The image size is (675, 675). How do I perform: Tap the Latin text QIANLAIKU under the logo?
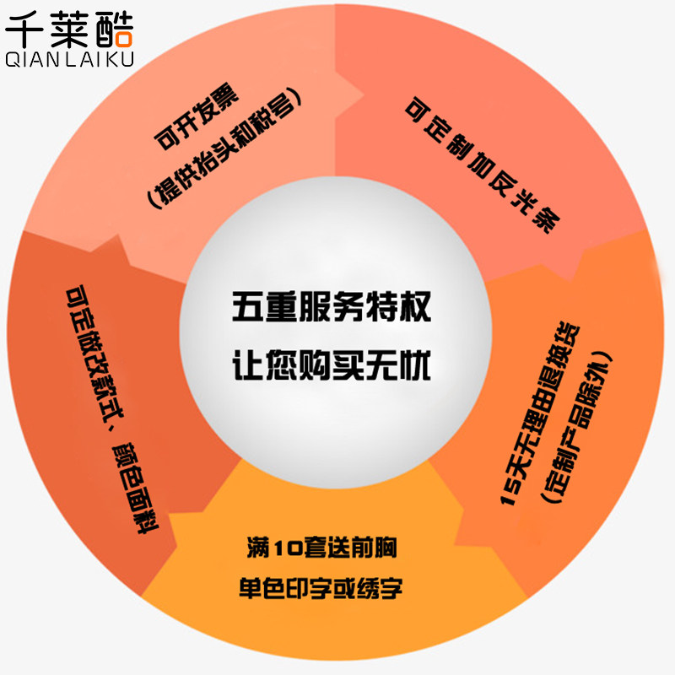click(x=69, y=60)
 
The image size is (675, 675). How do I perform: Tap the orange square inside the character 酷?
click(x=123, y=37)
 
